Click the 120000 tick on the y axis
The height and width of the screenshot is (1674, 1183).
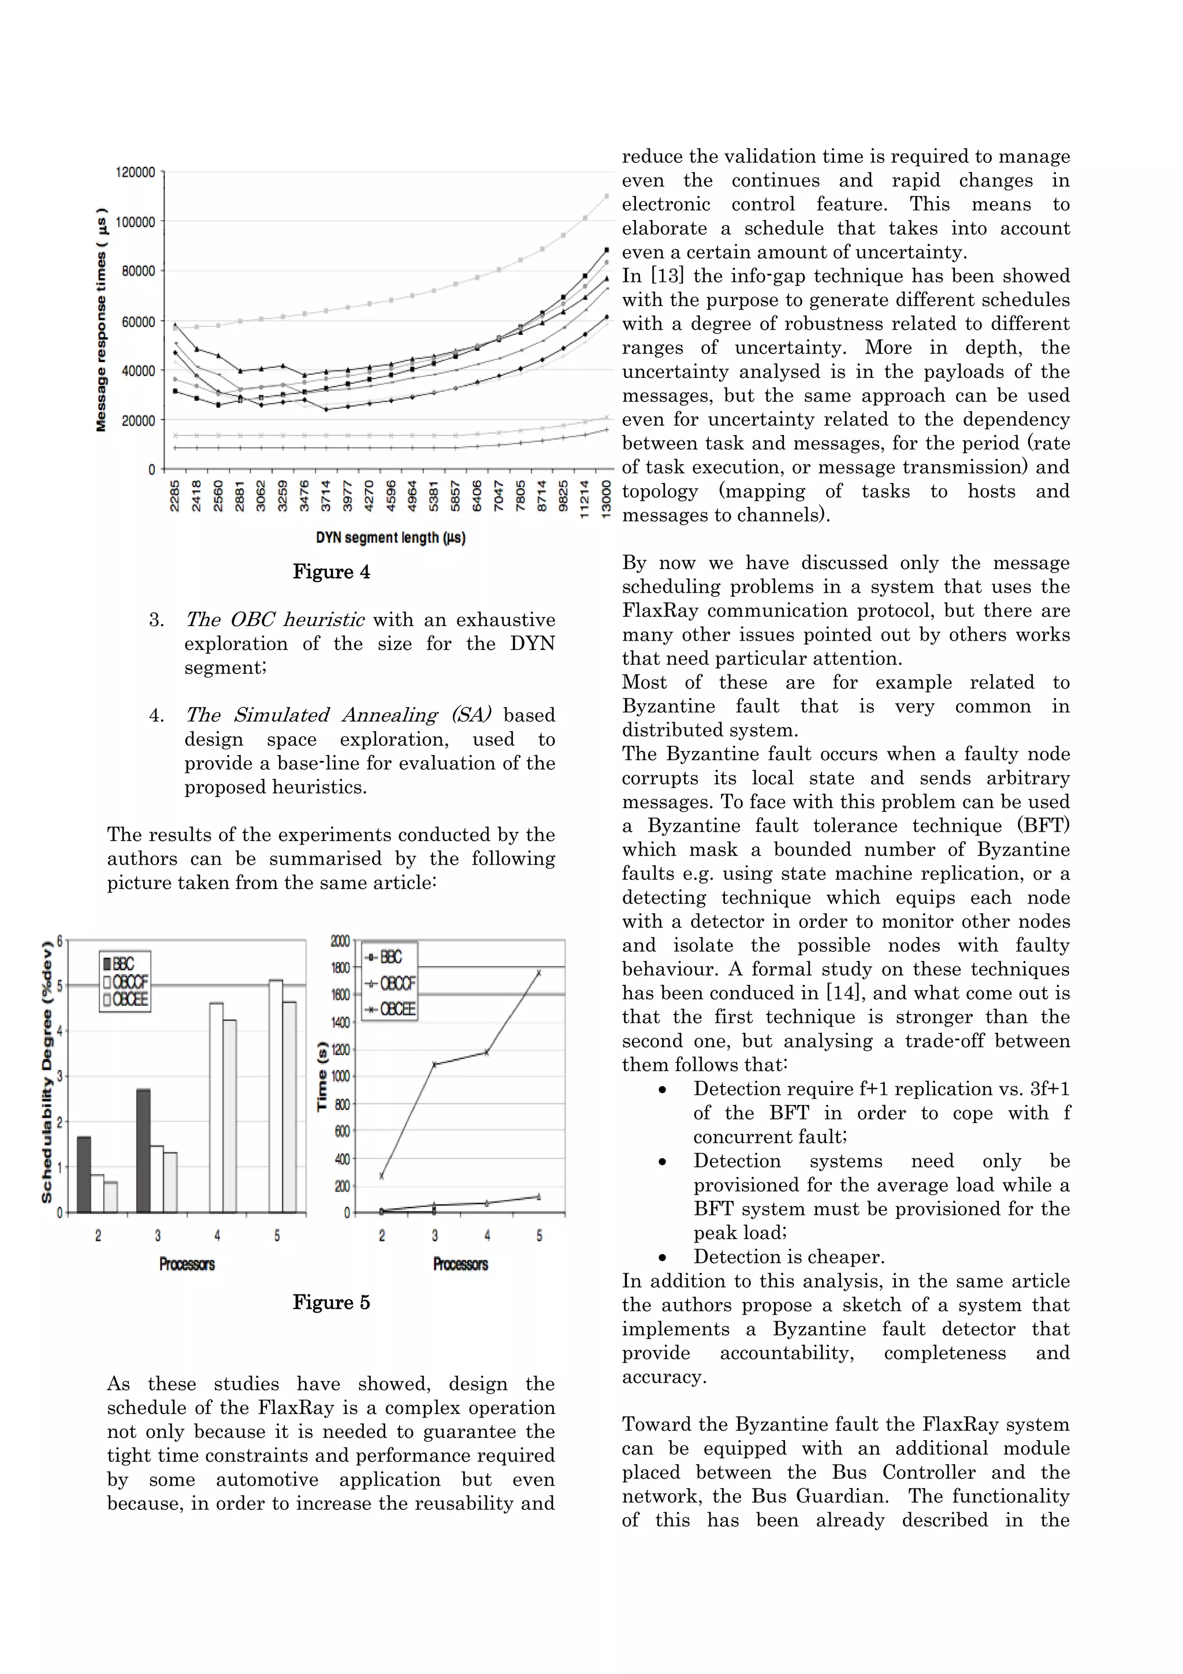[136, 173]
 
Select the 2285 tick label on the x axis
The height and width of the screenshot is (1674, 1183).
[175, 496]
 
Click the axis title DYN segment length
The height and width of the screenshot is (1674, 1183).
[390, 538]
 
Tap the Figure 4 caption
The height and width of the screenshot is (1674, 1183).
[331, 572]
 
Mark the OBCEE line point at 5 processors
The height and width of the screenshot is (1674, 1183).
[539, 973]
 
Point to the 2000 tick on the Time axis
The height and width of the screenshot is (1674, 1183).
[340, 940]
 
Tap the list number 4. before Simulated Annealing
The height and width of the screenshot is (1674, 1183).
[156, 715]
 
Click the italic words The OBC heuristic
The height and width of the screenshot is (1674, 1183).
[275, 620]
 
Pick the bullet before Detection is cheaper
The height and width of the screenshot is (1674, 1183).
[662, 1258]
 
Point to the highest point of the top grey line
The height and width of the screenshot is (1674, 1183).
[607, 195]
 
